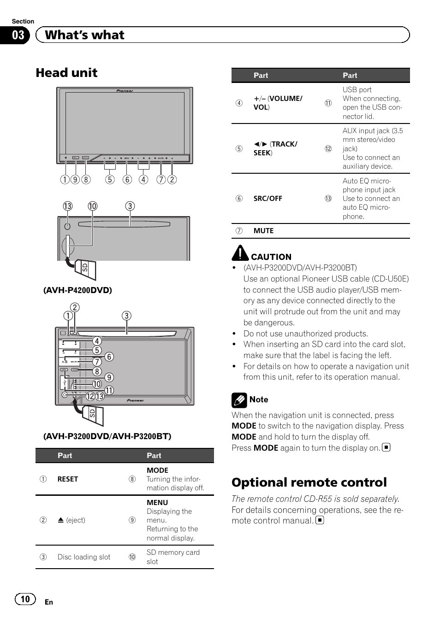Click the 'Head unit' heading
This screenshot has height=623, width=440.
[x=66, y=73]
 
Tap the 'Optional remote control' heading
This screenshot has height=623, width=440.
[x=309, y=482]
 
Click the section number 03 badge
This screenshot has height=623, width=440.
[x=18, y=35]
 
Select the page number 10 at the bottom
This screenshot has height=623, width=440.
[x=25, y=599]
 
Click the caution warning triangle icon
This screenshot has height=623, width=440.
[x=240, y=253]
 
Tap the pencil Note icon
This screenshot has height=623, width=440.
[x=239, y=400]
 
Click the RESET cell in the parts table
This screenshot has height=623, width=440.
[x=67, y=479]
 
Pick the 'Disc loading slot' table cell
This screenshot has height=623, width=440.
[x=84, y=557]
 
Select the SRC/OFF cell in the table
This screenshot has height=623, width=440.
[x=268, y=199]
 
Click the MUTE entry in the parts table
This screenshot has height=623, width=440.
[x=263, y=231]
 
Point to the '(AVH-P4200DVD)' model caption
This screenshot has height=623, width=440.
[x=77, y=290]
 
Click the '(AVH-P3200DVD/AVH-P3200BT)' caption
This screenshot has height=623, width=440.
[x=107, y=436]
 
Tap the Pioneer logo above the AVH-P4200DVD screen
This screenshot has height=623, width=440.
[x=125, y=91]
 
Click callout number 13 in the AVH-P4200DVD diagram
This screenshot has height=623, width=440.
[x=68, y=206]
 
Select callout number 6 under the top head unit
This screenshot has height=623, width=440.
[x=127, y=180]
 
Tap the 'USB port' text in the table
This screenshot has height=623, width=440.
[x=357, y=90]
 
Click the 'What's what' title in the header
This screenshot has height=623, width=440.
[x=85, y=35]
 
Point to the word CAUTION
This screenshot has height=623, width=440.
[x=271, y=257]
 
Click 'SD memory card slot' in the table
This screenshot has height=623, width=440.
[x=173, y=557]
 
